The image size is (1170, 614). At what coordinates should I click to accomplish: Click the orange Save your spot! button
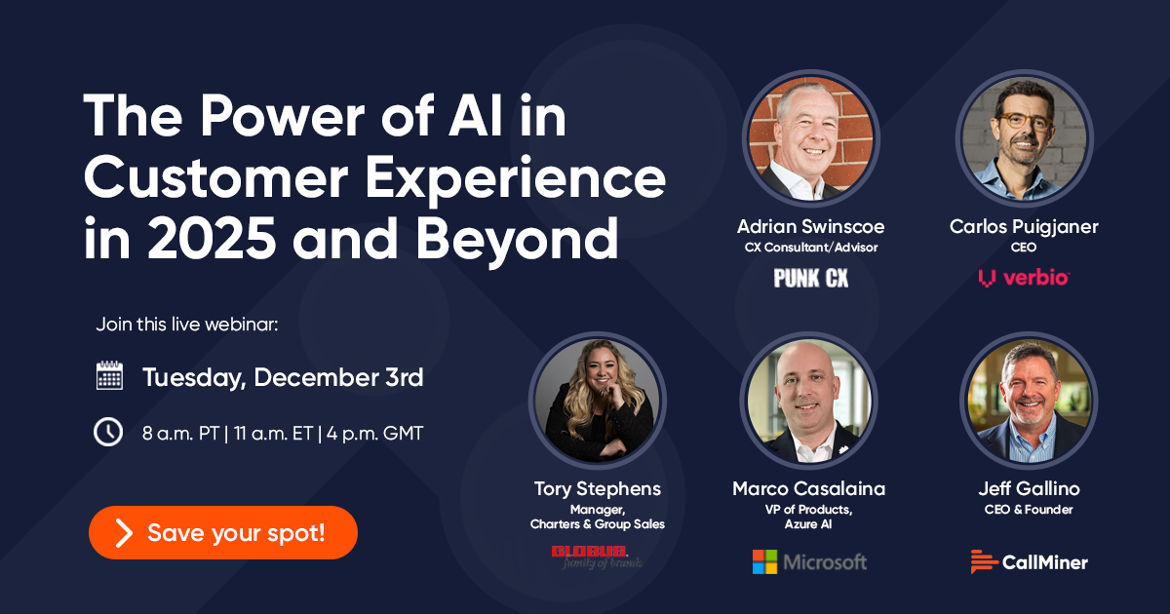223,532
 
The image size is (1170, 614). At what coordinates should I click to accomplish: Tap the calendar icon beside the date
109,376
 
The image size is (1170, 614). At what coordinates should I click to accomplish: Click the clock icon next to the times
108,433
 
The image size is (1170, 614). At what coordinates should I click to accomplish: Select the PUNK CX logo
810,279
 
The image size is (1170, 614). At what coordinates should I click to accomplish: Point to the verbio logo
1024,279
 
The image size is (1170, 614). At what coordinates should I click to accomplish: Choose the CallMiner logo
1029,561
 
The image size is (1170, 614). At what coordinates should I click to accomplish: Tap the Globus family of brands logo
597,556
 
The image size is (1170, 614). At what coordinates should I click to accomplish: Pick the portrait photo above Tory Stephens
598,400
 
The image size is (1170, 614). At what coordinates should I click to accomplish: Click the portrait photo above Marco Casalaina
810,400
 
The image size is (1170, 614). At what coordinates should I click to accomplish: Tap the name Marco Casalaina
809,488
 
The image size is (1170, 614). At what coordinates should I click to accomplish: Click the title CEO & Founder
1029,509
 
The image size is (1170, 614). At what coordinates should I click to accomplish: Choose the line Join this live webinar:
187,325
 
